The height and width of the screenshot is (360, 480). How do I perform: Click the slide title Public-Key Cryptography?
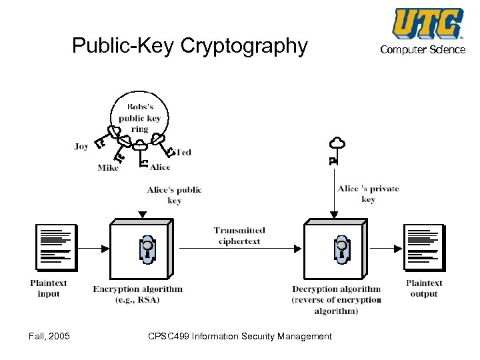tap(190, 46)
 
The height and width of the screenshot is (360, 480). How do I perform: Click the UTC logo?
tap(427, 24)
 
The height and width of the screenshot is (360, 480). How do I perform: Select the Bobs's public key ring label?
tap(139, 118)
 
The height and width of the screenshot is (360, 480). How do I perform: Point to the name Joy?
tap(81, 147)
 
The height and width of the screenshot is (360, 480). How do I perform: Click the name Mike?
tap(108, 168)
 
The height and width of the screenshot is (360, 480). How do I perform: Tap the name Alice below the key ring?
tap(160, 167)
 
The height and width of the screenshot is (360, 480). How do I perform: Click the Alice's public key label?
tap(174, 195)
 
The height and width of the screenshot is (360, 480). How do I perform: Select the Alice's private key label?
tap(368, 193)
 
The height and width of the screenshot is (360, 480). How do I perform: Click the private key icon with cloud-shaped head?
tap(335, 149)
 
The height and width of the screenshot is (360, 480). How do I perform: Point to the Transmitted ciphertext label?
tap(239, 235)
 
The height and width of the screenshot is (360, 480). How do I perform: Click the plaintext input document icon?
tap(55, 247)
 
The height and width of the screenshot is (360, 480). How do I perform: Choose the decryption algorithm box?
tap(337, 250)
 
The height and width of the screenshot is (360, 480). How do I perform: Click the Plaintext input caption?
tap(49, 288)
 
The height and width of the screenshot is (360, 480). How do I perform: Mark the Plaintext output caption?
tap(424, 288)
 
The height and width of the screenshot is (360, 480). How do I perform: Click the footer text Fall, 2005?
tap(45, 335)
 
